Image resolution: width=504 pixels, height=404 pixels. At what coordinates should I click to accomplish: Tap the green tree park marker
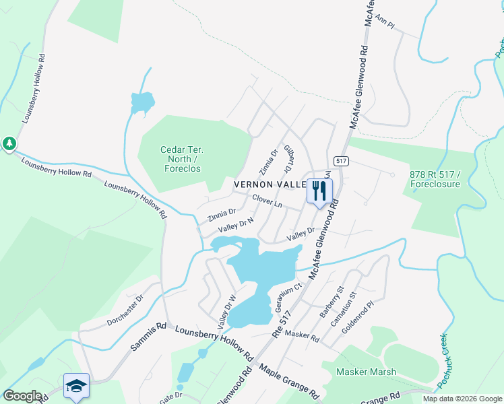pyautogui.click(x=9, y=143)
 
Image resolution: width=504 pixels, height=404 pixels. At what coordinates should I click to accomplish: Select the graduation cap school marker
pyautogui.click(x=76, y=386)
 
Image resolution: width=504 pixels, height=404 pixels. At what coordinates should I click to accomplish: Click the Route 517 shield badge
pyautogui.click(x=340, y=160)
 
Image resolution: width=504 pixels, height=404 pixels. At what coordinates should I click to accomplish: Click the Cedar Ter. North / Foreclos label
pyautogui.click(x=183, y=159)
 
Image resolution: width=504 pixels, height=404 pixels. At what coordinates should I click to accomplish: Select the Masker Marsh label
pyautogui.click(x=367, y=372)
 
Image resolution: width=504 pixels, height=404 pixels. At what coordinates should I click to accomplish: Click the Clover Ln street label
pyautogui.click(x=267, y=201)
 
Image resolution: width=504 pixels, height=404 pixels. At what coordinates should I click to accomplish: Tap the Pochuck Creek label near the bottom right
pyautogui.click(x=449, y=362)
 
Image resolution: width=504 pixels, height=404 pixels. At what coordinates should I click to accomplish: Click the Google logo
pyautogui.click(x=23, y=396)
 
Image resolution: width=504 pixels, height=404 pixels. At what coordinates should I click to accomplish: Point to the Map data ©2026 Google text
pyautogui.click(x=462, y=399)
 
